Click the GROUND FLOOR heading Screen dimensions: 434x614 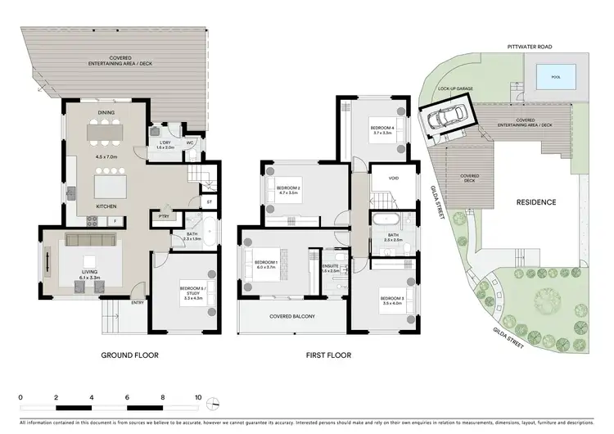point(129,355)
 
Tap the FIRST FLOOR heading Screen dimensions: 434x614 point(327,355)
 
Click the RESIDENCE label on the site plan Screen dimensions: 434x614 point(535,201)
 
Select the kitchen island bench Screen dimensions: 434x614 point(106,181)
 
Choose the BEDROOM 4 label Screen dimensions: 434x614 point(382,129)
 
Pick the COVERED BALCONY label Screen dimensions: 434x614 point(292,316)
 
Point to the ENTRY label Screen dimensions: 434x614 point(137,303)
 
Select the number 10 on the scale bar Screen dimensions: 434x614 point(197,396)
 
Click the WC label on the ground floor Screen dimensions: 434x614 point(190,142)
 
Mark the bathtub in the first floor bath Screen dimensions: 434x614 point(385,219)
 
